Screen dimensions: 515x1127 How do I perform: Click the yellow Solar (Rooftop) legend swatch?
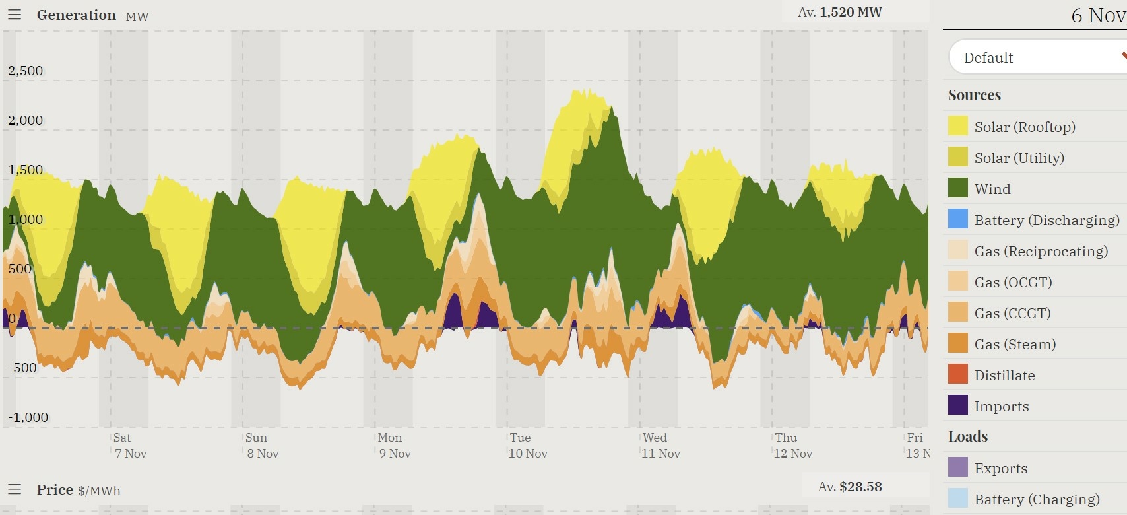957,126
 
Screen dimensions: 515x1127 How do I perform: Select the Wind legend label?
992,189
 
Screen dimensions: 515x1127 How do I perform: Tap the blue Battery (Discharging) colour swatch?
957,219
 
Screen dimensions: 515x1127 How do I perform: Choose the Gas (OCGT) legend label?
1013,282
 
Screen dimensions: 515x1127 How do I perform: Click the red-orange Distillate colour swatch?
957,374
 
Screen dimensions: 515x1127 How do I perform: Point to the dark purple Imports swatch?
957,405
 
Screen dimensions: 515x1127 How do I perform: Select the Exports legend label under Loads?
1000,468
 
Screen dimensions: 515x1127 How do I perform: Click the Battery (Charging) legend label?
1037,499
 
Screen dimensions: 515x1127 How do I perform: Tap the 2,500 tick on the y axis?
26,71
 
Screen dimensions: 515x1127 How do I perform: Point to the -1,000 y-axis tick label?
28,417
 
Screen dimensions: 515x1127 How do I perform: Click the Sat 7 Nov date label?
130,446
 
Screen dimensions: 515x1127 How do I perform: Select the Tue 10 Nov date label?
528,446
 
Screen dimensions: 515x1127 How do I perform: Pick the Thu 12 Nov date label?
792,446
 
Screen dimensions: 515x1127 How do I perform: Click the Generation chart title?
76,15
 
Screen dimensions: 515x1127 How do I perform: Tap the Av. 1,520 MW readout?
839,12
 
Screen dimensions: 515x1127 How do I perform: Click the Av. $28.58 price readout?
850,487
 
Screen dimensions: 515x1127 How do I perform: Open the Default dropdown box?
1036,57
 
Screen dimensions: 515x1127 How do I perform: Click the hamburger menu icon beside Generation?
15,15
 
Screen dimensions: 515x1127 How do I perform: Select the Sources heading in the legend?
974,95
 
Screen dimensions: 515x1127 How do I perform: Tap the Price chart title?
55,489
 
